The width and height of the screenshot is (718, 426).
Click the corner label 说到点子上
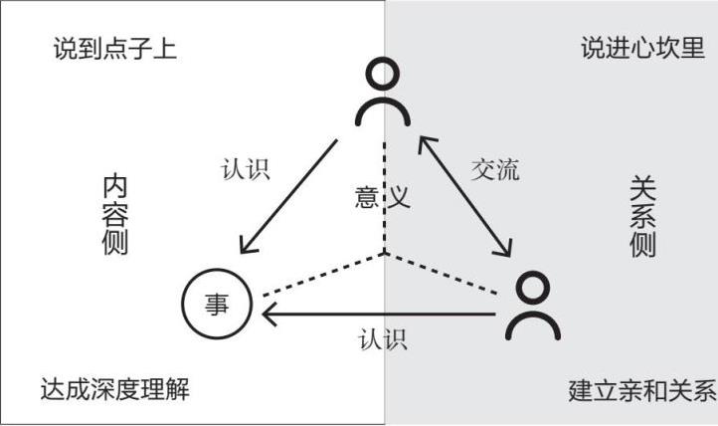click(x=115, y=48)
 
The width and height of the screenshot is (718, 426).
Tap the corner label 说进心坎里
click(x=642, y=48)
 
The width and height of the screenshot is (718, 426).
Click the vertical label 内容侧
click(x=115, y=215)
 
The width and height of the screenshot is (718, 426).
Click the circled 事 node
click(x=217, y=304)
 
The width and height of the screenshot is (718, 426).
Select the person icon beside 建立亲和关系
click(x=532, y=309)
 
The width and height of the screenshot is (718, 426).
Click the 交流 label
click(x=494, y=168)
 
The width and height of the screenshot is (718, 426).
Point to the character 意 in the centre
click(x=367, y=197)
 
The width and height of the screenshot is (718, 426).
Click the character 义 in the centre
click(x=399, y=197)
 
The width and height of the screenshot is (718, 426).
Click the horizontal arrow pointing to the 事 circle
click(x=378, y=315)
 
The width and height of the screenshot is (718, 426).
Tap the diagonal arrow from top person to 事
click(x=288, y=195)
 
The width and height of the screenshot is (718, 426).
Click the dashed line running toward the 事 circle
click(x=318, y=278)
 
